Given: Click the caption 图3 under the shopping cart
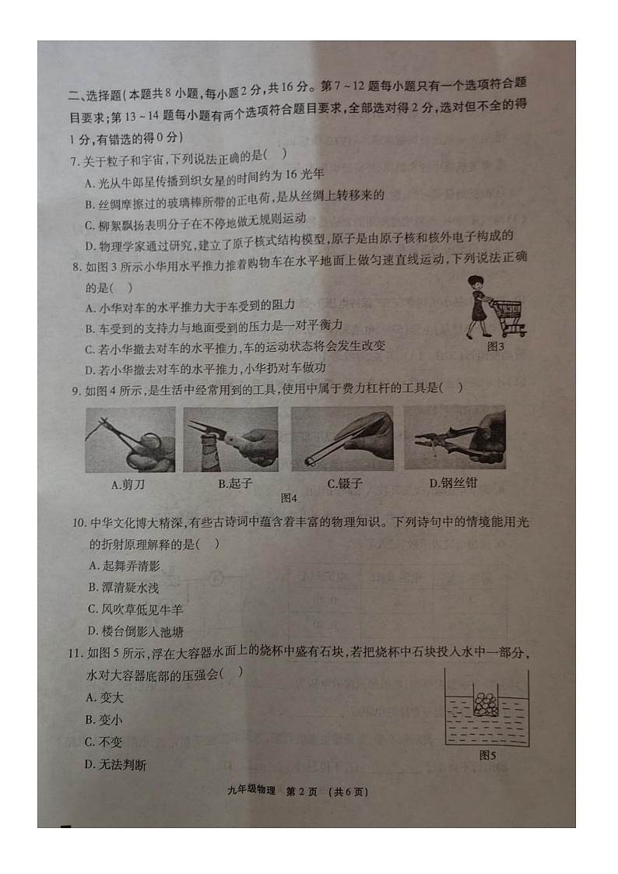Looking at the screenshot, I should (x=495, y=346).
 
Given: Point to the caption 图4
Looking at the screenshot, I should (x=289, y=497).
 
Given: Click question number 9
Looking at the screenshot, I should (x=75, y=389).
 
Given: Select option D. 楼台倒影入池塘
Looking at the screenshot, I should (x=135, y=631).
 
